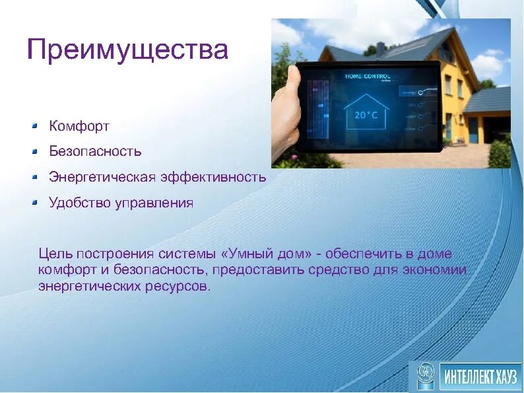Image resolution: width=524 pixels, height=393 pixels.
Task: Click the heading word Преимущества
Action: coord(127,50)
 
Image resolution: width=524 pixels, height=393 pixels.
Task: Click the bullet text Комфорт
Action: coord(79,125)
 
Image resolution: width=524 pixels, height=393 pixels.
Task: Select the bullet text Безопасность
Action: coord(95,151)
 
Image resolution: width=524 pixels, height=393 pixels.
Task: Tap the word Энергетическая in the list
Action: coord(102,177)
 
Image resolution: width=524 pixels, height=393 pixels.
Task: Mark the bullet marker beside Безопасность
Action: coord(36,151)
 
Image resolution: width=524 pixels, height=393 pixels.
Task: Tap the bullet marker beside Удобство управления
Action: coord(36,202)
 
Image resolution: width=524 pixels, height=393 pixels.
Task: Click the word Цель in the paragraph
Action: coord(55,254)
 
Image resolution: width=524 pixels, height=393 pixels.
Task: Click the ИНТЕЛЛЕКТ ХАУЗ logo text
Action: coord(479,376)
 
